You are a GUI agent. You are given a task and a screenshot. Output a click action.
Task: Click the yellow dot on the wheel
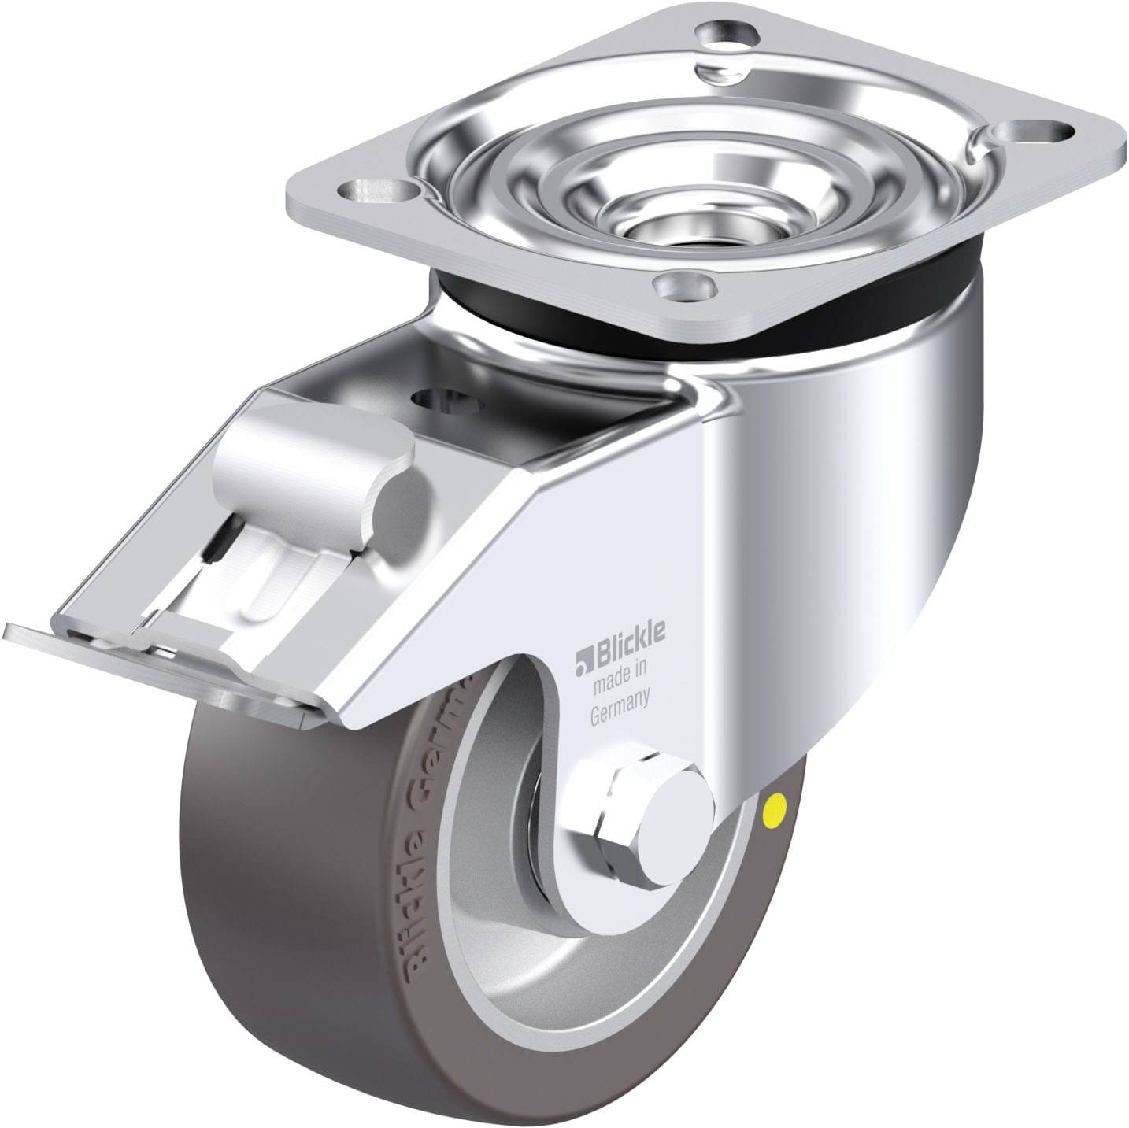pos(776,805)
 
